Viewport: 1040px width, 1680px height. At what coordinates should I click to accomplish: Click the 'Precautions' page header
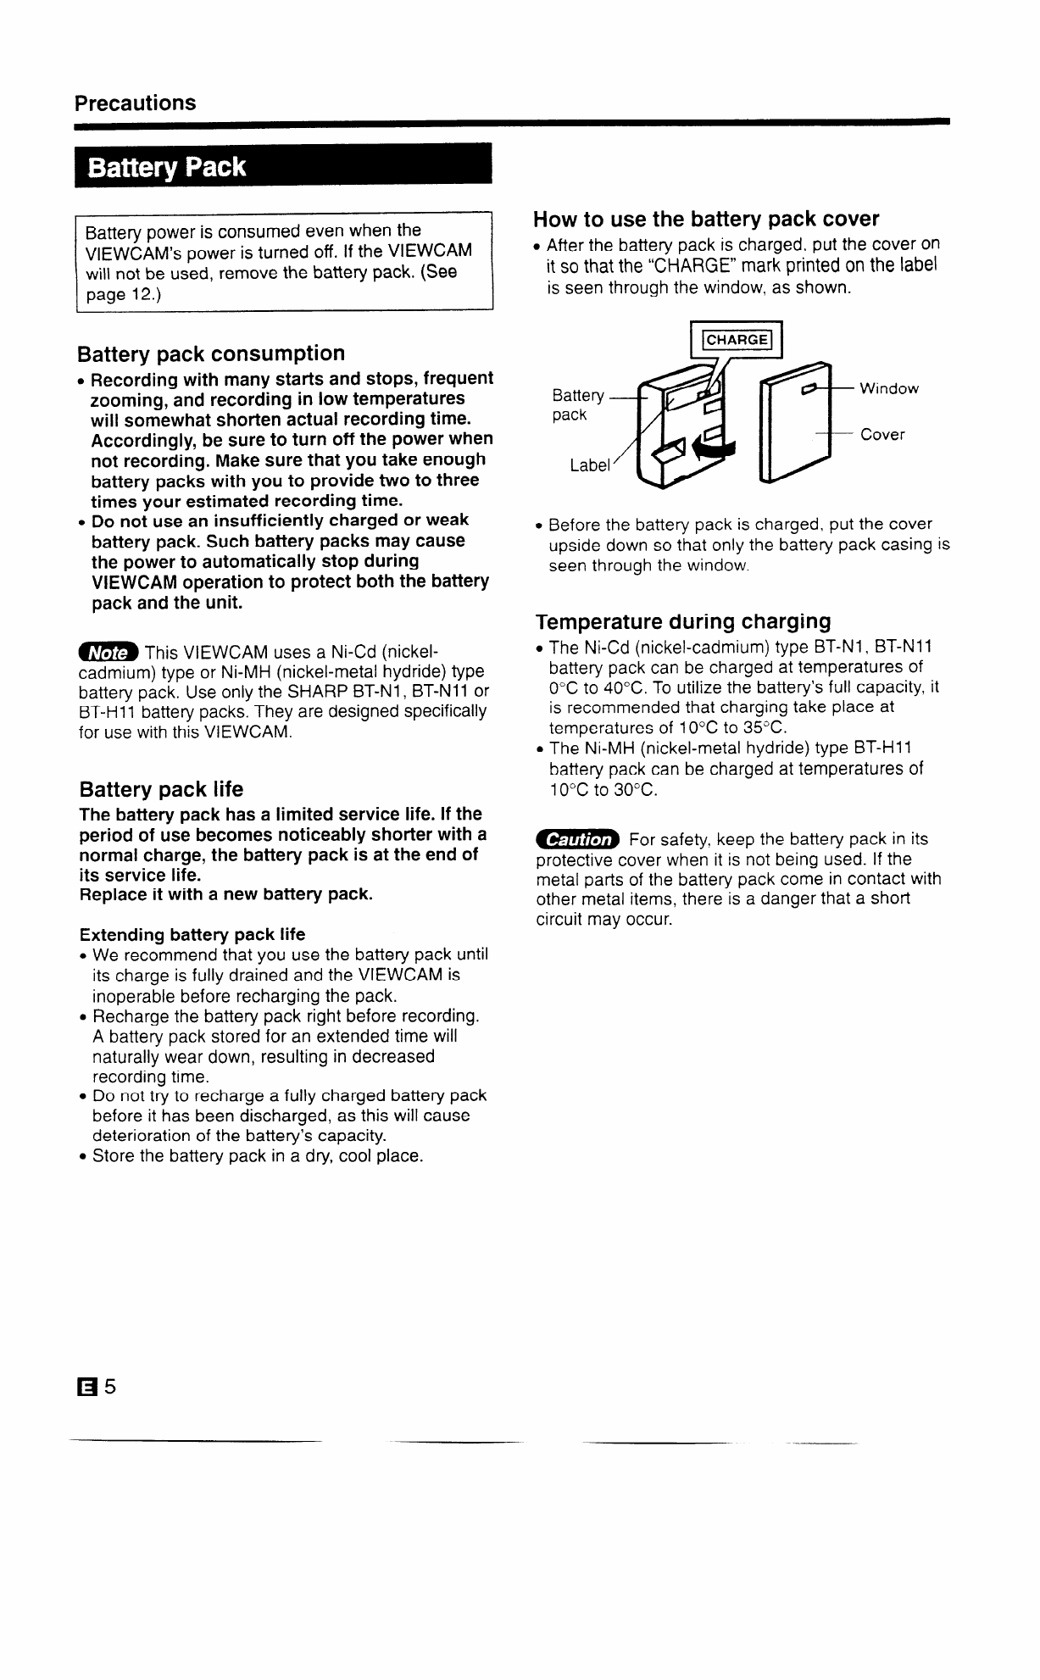(135, 103)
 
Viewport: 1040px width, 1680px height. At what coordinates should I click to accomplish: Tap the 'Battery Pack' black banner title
(167, 167)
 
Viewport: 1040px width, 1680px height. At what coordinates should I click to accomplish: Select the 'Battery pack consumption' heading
(211, 353)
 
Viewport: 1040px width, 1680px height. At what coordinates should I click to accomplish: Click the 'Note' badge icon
(108, 653)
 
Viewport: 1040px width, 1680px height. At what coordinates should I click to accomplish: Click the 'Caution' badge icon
(578, 839)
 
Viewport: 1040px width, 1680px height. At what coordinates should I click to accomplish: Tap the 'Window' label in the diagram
(889, 389)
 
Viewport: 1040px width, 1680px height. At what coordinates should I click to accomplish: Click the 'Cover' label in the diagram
(882, 435)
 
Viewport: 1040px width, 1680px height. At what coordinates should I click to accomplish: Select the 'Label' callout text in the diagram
(590, 465)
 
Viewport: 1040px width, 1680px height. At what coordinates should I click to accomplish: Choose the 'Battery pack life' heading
(161, 790)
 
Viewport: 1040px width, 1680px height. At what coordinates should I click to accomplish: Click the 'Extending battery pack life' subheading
(192, 935)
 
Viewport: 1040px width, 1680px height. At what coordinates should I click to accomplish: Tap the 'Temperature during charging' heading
(683, 621)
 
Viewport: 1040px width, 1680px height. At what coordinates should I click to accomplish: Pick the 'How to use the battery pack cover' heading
(706, 220)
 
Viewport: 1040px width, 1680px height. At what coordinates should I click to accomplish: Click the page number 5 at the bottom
(110, 1388)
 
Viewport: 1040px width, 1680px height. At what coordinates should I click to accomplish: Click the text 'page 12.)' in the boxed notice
(123, 294)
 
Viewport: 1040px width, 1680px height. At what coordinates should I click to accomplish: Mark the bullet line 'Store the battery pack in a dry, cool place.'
(258, 1156)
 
